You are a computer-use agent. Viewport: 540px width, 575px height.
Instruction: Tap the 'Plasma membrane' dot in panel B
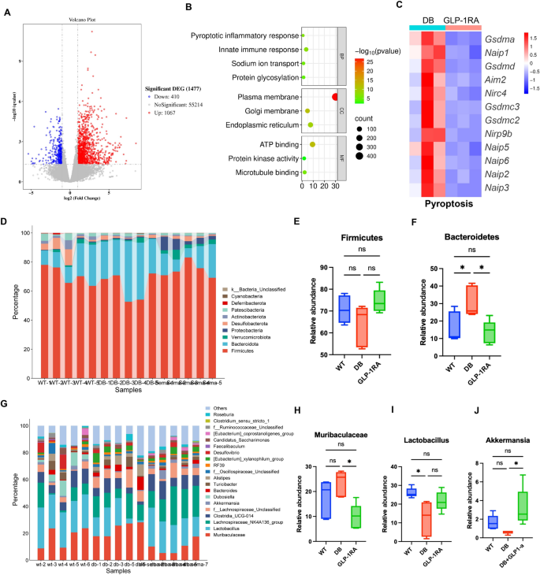coord(336,96)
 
